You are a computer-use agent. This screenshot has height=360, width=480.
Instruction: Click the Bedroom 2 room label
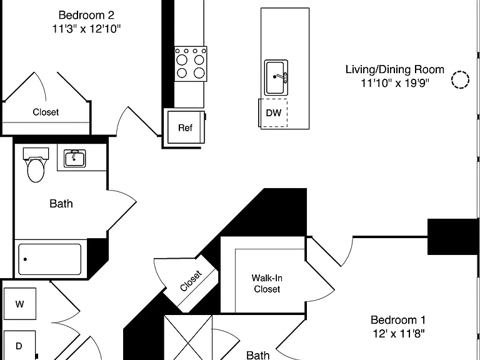(86, 15)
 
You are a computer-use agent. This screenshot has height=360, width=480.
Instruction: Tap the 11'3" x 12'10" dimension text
(86, 29)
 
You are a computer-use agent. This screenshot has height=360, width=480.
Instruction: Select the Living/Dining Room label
(395, 69)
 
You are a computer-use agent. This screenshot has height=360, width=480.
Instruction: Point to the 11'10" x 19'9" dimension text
(395, 83)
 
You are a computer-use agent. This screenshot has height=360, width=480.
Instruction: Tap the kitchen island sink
(276, 77)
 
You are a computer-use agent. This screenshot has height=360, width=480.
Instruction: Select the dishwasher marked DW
(273, 112)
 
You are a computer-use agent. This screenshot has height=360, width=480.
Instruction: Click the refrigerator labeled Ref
(186, 127)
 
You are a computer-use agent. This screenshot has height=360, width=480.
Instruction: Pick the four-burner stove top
(191, 64)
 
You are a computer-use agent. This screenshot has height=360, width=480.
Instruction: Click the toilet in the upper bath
(36, 166)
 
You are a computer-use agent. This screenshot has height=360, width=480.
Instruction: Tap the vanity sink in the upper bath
(75, 158)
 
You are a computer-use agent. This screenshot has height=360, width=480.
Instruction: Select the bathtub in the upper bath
(49, 259)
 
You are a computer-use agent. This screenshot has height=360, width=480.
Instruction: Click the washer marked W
(20, 304)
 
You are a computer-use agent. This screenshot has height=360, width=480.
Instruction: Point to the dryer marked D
(19, 345)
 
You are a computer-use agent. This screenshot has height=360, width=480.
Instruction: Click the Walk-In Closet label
(267, 284)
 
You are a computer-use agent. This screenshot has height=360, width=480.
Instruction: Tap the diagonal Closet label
(191, 281)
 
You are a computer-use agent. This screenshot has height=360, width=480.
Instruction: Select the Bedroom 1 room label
(398, 320)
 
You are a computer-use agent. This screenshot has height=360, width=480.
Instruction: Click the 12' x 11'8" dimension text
(399, 333)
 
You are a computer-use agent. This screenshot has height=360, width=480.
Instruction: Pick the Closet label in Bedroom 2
(46, 112)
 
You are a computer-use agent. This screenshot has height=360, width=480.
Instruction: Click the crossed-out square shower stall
(188, 337)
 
